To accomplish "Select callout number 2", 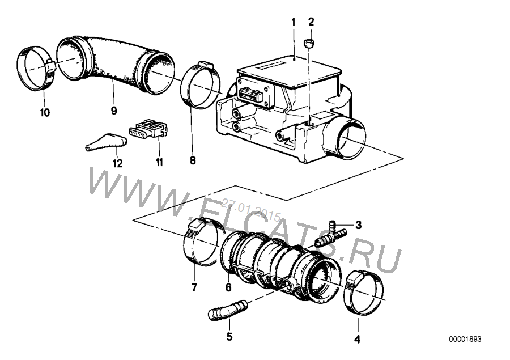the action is tap(311, 22).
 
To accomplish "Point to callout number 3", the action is tap(358, 225).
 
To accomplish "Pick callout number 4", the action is tap(357, 339).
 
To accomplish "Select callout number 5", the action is tap(229, 336).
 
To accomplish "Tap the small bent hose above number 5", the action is tap(227, 310).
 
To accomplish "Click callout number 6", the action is tap(228, 287).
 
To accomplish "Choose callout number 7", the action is tap(194, 287).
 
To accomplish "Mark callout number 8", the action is tap(193, 160).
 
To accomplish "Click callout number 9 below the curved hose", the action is tap(114, 111).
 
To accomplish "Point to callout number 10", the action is tap(45, 113).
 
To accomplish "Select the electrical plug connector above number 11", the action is tap(148, 128).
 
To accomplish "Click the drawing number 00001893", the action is tap(465, 339).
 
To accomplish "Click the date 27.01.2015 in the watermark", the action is tap(251, 209).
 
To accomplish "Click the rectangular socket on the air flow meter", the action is tap(251, 95).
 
